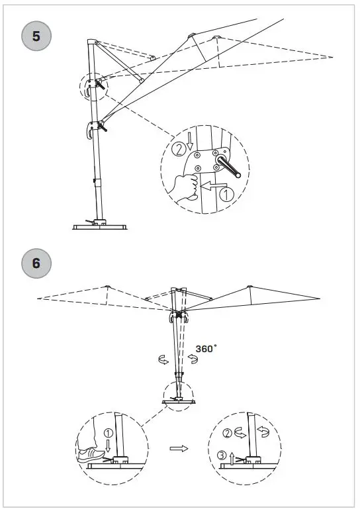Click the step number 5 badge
coord(36,36)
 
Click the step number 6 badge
coord(36,263)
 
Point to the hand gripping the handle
coord(185,186)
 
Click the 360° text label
coord(206,348)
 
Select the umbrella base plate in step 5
coord(99,226)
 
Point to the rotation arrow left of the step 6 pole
coord(161,359)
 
